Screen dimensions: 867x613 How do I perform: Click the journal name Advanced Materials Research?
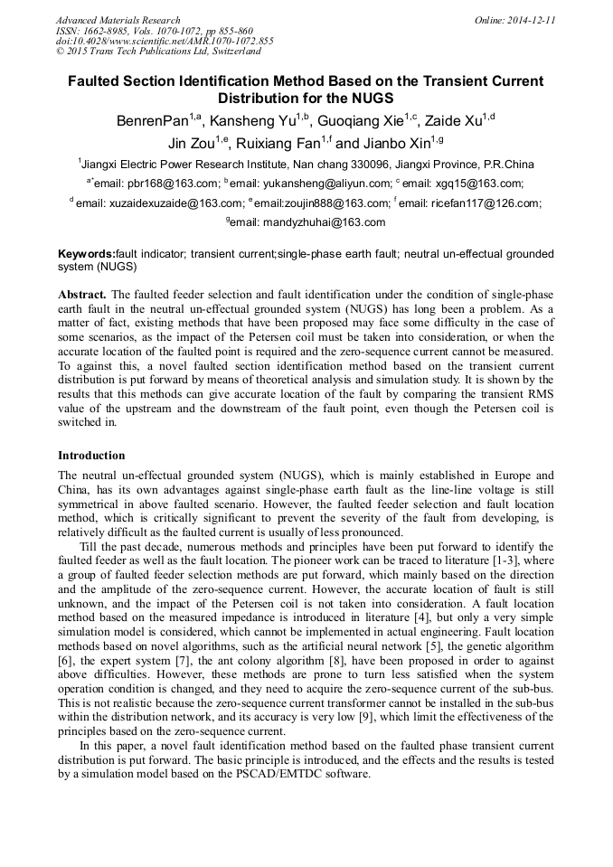118,20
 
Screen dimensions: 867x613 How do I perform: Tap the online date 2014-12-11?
529,20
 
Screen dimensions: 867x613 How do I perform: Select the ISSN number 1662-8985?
102,31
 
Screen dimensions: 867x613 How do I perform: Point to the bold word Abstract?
81,296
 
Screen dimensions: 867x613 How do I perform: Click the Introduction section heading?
91,455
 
